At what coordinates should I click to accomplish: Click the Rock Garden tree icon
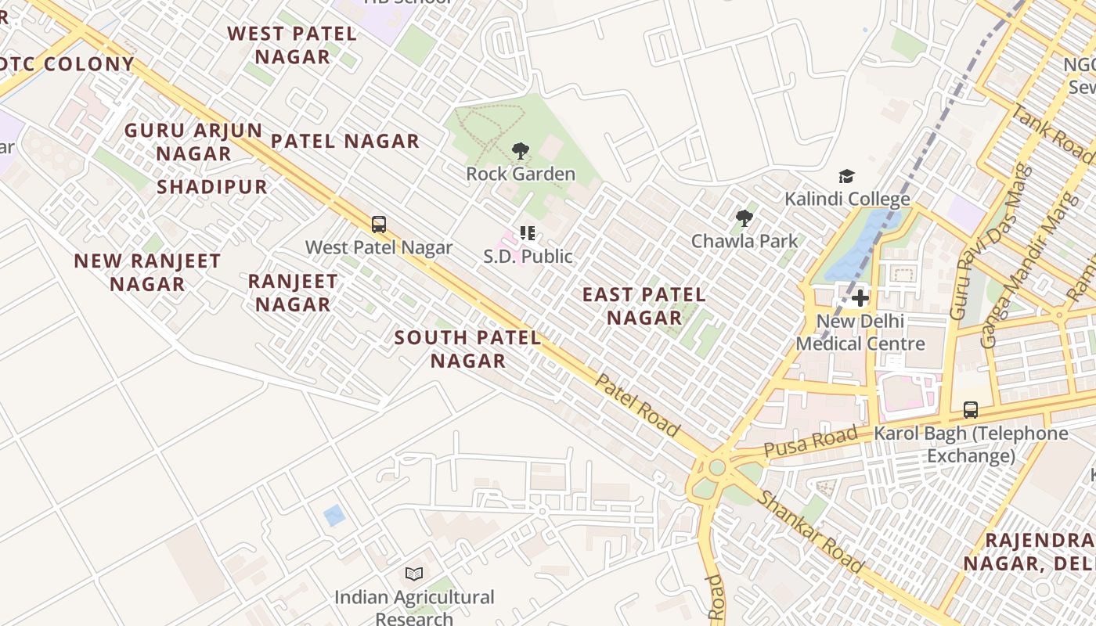coord(520,150)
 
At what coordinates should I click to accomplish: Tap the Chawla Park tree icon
coord(744,218)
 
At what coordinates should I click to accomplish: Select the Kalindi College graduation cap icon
coord(846,176)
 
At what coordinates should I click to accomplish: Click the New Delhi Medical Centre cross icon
coord(860,298)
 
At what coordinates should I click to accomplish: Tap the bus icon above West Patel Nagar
coord(379,225)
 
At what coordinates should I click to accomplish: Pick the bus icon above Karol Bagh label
coord(971,409)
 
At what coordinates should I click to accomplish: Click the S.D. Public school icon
coord(528,233)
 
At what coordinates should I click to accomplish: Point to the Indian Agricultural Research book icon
coord(414,574)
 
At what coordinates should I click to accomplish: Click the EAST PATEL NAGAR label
coord(644,306)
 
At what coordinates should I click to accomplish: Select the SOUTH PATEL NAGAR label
coord(467,349)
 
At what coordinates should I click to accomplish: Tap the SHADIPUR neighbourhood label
coord(212,187)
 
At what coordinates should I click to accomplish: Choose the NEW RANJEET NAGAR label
coord(147,272)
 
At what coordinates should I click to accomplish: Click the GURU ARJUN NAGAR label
coord(193,142)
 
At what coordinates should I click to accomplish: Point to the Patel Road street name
coord(637,405)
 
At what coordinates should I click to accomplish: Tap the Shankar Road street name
coord(810,532)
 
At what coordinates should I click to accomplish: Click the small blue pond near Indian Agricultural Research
coord(334,515)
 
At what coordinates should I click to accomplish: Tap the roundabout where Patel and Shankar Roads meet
coord(716,468)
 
